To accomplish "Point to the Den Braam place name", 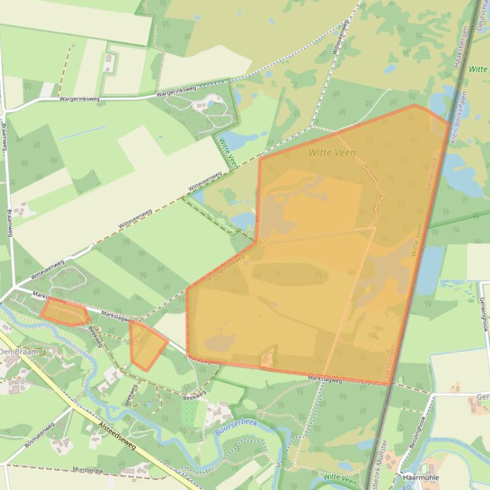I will [19, 351].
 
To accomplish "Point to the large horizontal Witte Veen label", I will [332, 153].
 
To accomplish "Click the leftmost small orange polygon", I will [64, 313].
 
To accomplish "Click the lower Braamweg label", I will [10, 223].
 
